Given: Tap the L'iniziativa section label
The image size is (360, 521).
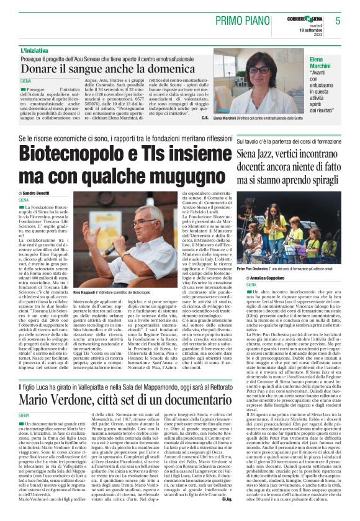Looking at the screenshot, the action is click(x=35, y=50).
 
